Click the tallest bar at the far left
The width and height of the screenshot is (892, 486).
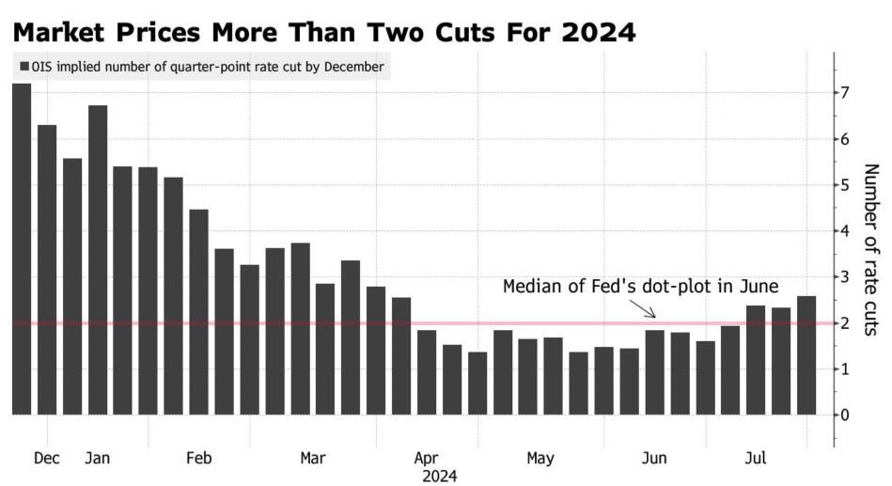pyautogui.click(x=22, y=249)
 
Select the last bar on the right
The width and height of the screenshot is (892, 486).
pyautogui.click(x=806, y=355)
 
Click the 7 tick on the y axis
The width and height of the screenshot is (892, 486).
pyautogui.click(x=845, y=93)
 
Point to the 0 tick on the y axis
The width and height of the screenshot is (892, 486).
pyautogui.click(x=845, y=415)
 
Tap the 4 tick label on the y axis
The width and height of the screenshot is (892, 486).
pyautogui.click(x=845, y=231)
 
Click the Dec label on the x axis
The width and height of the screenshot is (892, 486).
pyautogui.click(x=47, y=458)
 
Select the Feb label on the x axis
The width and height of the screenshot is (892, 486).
pyautogui.click(x=198, y=458)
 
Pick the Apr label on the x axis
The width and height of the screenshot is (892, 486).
pyautogui.click(x=426, y=459)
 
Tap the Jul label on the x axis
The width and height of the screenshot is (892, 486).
pyautogui.click(x=756, y=458)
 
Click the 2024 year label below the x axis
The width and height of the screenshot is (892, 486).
pyautogui.click(x=439, y=477)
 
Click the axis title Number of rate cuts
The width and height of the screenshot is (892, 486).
pyautogui.click(x=871, y=249)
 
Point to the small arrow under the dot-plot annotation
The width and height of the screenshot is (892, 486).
pyautogui.click(x=642, y=308)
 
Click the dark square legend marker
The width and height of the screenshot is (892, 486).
pyautogui.click(x=23, y=67)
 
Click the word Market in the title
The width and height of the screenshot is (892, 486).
pyautogui.click(x=58, y=33)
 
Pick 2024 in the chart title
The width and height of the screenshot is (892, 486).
pyautogui.click(x=598, y=33)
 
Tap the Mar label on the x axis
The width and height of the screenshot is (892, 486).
pyautogui.click(x=313, y=458)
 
